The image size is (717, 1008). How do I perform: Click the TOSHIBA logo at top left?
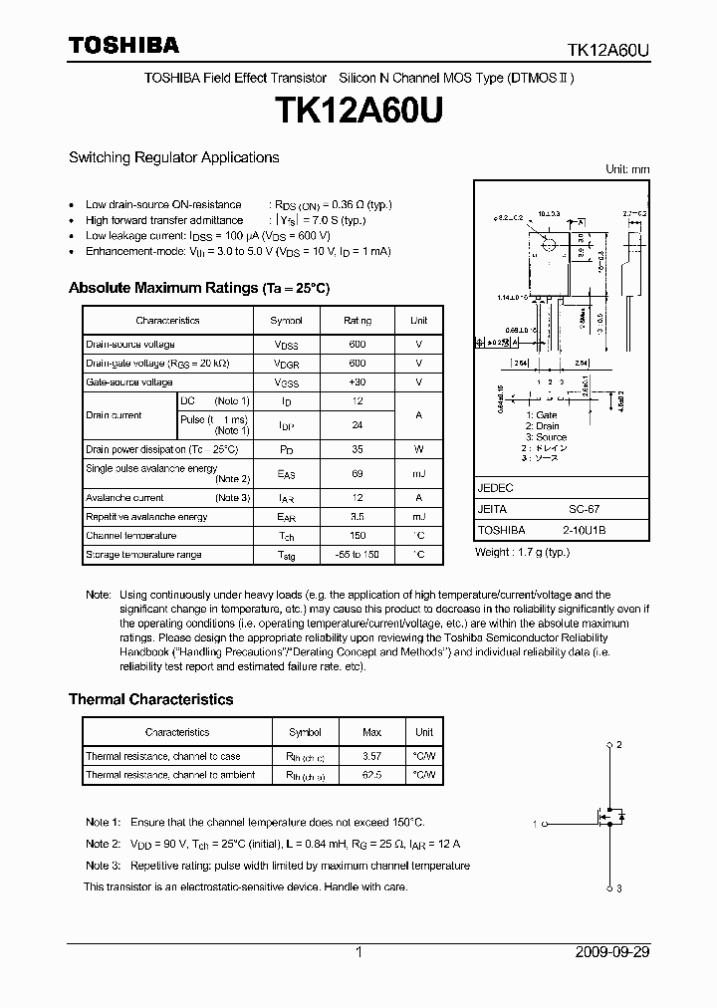point(123,45)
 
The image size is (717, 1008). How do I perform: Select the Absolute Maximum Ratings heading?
point(198,288)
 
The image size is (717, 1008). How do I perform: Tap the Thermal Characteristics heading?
point(150,699)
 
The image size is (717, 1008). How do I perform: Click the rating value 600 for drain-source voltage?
point(358,345)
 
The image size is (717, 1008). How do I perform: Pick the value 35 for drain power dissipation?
point(358,449)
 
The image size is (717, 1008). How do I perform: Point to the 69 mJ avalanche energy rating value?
point(358,474)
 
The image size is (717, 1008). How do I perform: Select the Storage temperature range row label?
point(142,555)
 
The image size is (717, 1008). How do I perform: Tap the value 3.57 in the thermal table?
point(372,757)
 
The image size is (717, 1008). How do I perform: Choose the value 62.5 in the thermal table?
point(372,775)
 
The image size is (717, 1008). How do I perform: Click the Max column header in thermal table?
point(372,732)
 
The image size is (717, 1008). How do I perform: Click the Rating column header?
point(358,321)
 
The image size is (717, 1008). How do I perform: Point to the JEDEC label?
point(495,488)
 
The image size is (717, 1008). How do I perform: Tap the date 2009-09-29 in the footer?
point(612,952)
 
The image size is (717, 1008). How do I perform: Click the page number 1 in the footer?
point(358,952)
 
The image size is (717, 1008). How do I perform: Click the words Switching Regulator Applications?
point(173,157)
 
